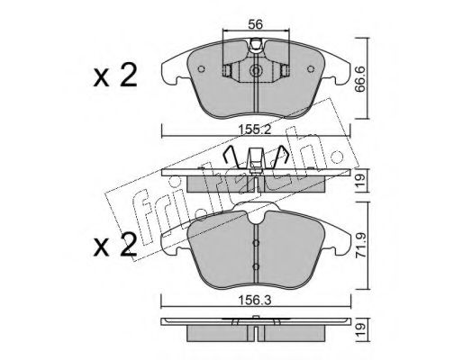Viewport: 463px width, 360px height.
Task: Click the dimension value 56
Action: [x=255, y=24]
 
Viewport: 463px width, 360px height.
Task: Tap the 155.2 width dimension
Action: [x=255, y=130]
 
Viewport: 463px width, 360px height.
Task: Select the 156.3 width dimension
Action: [x=255, y=300]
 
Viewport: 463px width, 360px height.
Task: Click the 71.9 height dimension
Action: [x=361, y=246]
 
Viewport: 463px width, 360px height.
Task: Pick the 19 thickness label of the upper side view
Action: [x=361, y=181]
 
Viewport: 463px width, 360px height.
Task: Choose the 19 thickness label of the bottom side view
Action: [x=361, y=330]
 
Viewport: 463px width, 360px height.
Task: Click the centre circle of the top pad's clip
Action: [x=256, y=71]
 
